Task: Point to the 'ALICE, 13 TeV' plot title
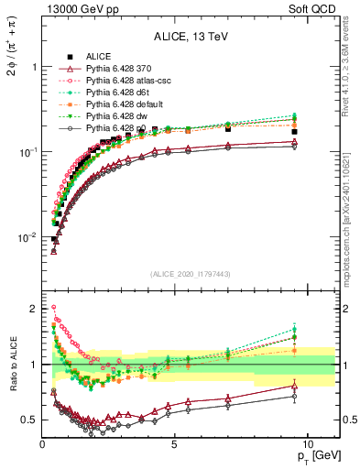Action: pyautogui.click(x=191, y=37)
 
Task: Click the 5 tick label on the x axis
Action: pyautogui.click(x=175, y=442)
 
